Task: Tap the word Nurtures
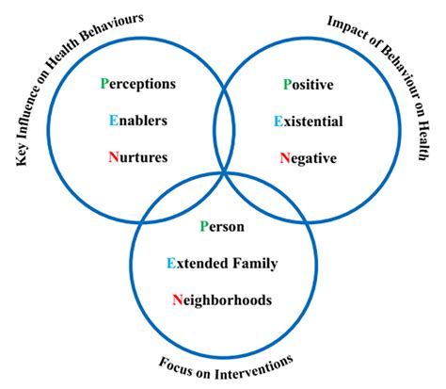[x=137, y=157]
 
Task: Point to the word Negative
[x=309, y=157]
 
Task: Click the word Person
[x=224, y=227]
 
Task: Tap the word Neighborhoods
[x=222, y=300]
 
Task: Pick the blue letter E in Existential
[x=277, y=121]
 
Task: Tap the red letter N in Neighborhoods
[x=177, y=300]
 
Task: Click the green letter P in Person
[x=204, y=227]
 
